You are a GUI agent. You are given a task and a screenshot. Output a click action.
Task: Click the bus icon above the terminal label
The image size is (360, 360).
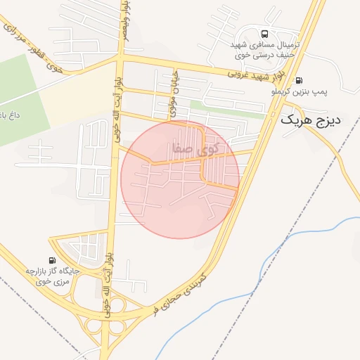pos(264,34)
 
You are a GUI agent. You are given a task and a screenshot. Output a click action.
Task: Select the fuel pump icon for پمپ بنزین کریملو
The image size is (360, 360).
pos(300,79)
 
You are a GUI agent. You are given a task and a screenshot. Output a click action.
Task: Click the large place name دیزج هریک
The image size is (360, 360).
pos(310,120)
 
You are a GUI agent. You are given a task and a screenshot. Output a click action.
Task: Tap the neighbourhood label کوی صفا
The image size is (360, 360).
pos(194,148)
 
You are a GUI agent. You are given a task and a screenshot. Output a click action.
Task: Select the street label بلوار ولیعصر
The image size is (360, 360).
pos(125,21)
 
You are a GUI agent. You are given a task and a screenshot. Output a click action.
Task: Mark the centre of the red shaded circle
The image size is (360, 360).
pos(180,179)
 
